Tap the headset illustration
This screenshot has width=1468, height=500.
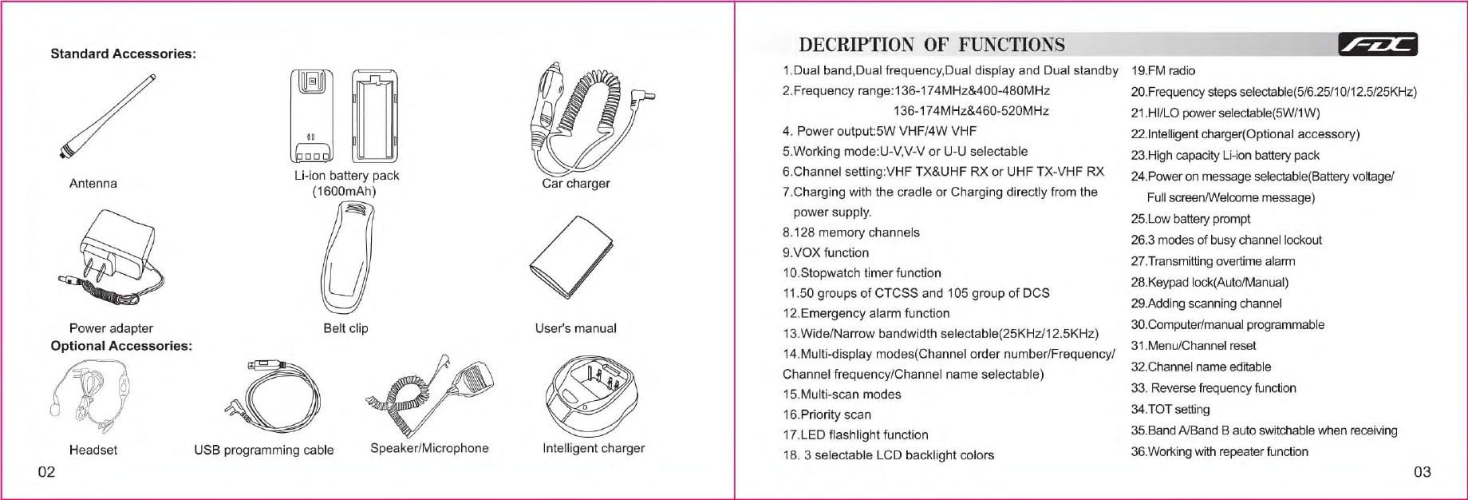(88, 393)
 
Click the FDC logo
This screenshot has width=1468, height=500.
(1378, 45)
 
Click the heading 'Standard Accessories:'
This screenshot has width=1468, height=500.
(123, 54)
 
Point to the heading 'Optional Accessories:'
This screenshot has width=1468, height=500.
(121, 346)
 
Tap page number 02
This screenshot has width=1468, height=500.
(47, 472)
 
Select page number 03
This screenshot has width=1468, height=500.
(1422, 472)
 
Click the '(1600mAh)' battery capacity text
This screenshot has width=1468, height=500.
(344, 192)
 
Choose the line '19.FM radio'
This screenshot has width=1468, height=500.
(1163, 71)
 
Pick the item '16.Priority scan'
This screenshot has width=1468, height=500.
(826, 415)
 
